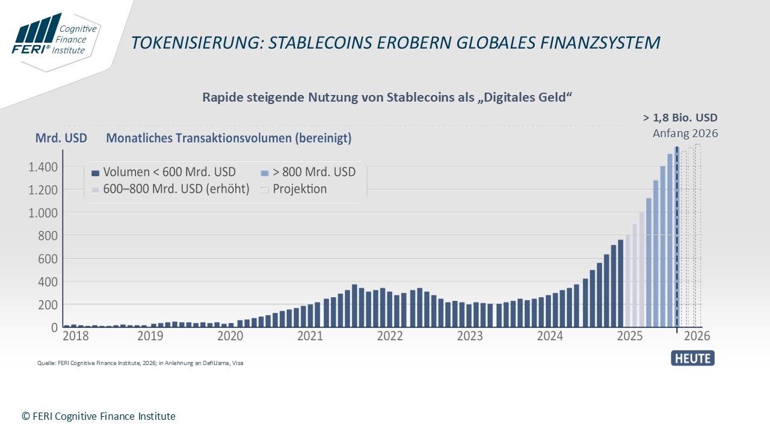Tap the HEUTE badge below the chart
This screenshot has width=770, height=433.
pos(692,358)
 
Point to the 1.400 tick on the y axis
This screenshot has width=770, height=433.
pos(42,167)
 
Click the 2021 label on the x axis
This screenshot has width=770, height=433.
pos(310,336)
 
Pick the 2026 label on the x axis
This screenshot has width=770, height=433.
pos(697,336)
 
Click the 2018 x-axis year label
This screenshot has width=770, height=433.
pos(76,336)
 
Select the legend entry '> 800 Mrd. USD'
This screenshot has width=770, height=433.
pos(308,172)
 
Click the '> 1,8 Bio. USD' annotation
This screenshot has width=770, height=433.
pos(680,118)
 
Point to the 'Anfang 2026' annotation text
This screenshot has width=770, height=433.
pos(685,134)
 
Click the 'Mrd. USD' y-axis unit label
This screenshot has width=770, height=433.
pos(61,138)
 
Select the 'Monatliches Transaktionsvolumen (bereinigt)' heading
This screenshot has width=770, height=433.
pos(229,138)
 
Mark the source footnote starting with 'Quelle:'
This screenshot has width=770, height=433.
pos(140,363)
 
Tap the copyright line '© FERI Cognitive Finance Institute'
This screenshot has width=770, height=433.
pos(99,416)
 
